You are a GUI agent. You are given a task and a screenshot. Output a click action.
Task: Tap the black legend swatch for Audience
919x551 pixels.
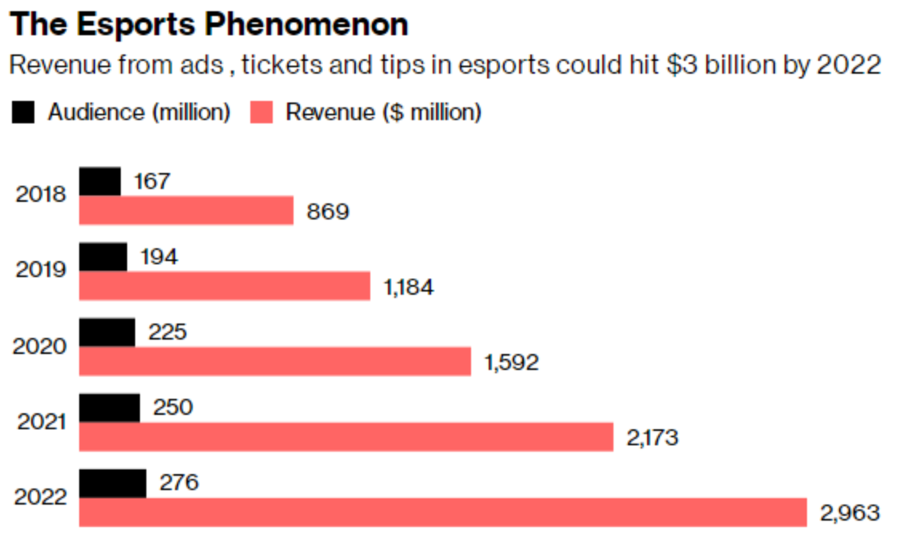tap(23, 113)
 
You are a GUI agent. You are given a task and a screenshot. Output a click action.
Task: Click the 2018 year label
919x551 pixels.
tap(41, 195)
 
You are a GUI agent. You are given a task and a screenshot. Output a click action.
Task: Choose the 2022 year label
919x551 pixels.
tap(40, 497)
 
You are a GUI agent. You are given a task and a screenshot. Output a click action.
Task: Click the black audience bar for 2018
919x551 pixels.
tap(100, 182)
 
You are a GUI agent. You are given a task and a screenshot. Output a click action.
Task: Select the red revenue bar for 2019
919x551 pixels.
tap(225, 286)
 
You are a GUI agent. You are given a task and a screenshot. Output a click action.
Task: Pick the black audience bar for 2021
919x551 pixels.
tap(110, 408)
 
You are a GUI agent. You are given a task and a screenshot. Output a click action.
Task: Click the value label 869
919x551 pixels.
tap(328, 211)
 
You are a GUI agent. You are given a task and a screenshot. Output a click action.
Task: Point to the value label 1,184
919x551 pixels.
tap(409, 288)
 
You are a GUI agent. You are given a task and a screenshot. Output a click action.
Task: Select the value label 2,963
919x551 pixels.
tap(849, 513)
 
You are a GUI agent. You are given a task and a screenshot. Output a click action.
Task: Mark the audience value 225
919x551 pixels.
tap(167, 332)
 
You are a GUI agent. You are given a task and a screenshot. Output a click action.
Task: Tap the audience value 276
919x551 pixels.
tap(179, 483)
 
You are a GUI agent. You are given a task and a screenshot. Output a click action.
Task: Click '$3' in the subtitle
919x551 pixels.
tap(681, 65)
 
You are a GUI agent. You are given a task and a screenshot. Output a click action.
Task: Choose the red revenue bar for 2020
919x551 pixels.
tap(275, 362)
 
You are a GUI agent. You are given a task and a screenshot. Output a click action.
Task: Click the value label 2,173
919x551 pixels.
tap(651, 438)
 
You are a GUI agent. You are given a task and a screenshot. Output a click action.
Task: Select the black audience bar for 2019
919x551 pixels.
tap(103, 257)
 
